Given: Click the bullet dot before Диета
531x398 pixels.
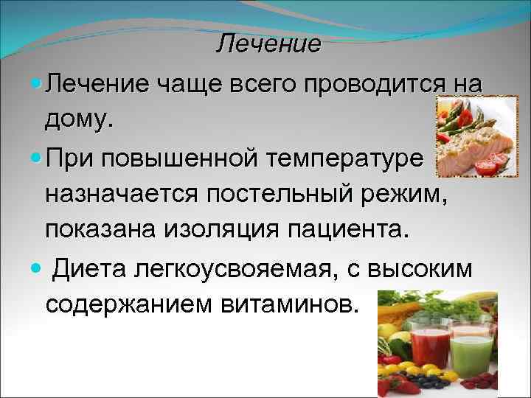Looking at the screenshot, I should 36,270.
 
